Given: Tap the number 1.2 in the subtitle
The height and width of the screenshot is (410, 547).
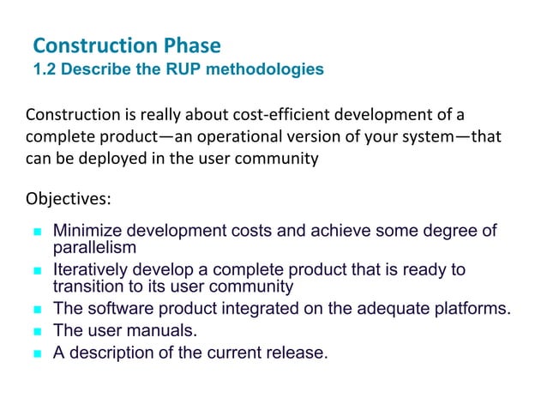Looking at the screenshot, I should tap(45, 69).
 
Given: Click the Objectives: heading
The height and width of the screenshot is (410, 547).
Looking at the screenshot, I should tap(69, 200).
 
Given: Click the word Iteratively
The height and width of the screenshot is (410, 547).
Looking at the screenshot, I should tap(89, 271).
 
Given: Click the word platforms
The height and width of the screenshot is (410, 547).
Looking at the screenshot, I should tap(474, 309).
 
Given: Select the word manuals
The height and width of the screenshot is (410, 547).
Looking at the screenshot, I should tap(164, 331).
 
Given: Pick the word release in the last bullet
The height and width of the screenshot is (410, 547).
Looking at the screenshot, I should tap(298, 353).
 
